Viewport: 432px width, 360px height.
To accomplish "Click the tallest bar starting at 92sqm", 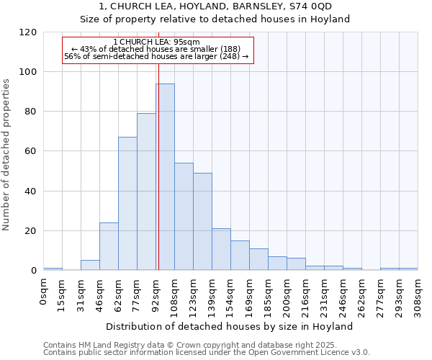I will tap(165, 177).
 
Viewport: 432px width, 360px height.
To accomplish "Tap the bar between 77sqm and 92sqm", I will tap(146, 192).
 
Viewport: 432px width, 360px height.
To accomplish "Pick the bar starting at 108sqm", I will tap(184, 217).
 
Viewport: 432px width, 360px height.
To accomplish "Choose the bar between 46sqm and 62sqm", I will tap(109, 246).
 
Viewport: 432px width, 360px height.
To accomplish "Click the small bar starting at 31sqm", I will tap(90, 265).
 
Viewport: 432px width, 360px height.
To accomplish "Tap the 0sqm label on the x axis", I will tap(43, 290).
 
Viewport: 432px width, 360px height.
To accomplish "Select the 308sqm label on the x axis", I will tap(418, 295).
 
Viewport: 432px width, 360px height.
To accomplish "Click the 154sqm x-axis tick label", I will tap(230, 295).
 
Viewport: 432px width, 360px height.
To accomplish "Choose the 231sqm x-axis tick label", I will tap(324, 295).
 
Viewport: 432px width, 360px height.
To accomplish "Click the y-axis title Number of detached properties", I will tap(7, 155).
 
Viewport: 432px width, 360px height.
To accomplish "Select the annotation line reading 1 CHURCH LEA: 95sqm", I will tap(156, 42).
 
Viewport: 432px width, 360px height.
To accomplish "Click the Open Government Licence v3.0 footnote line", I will tap(207, 352).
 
